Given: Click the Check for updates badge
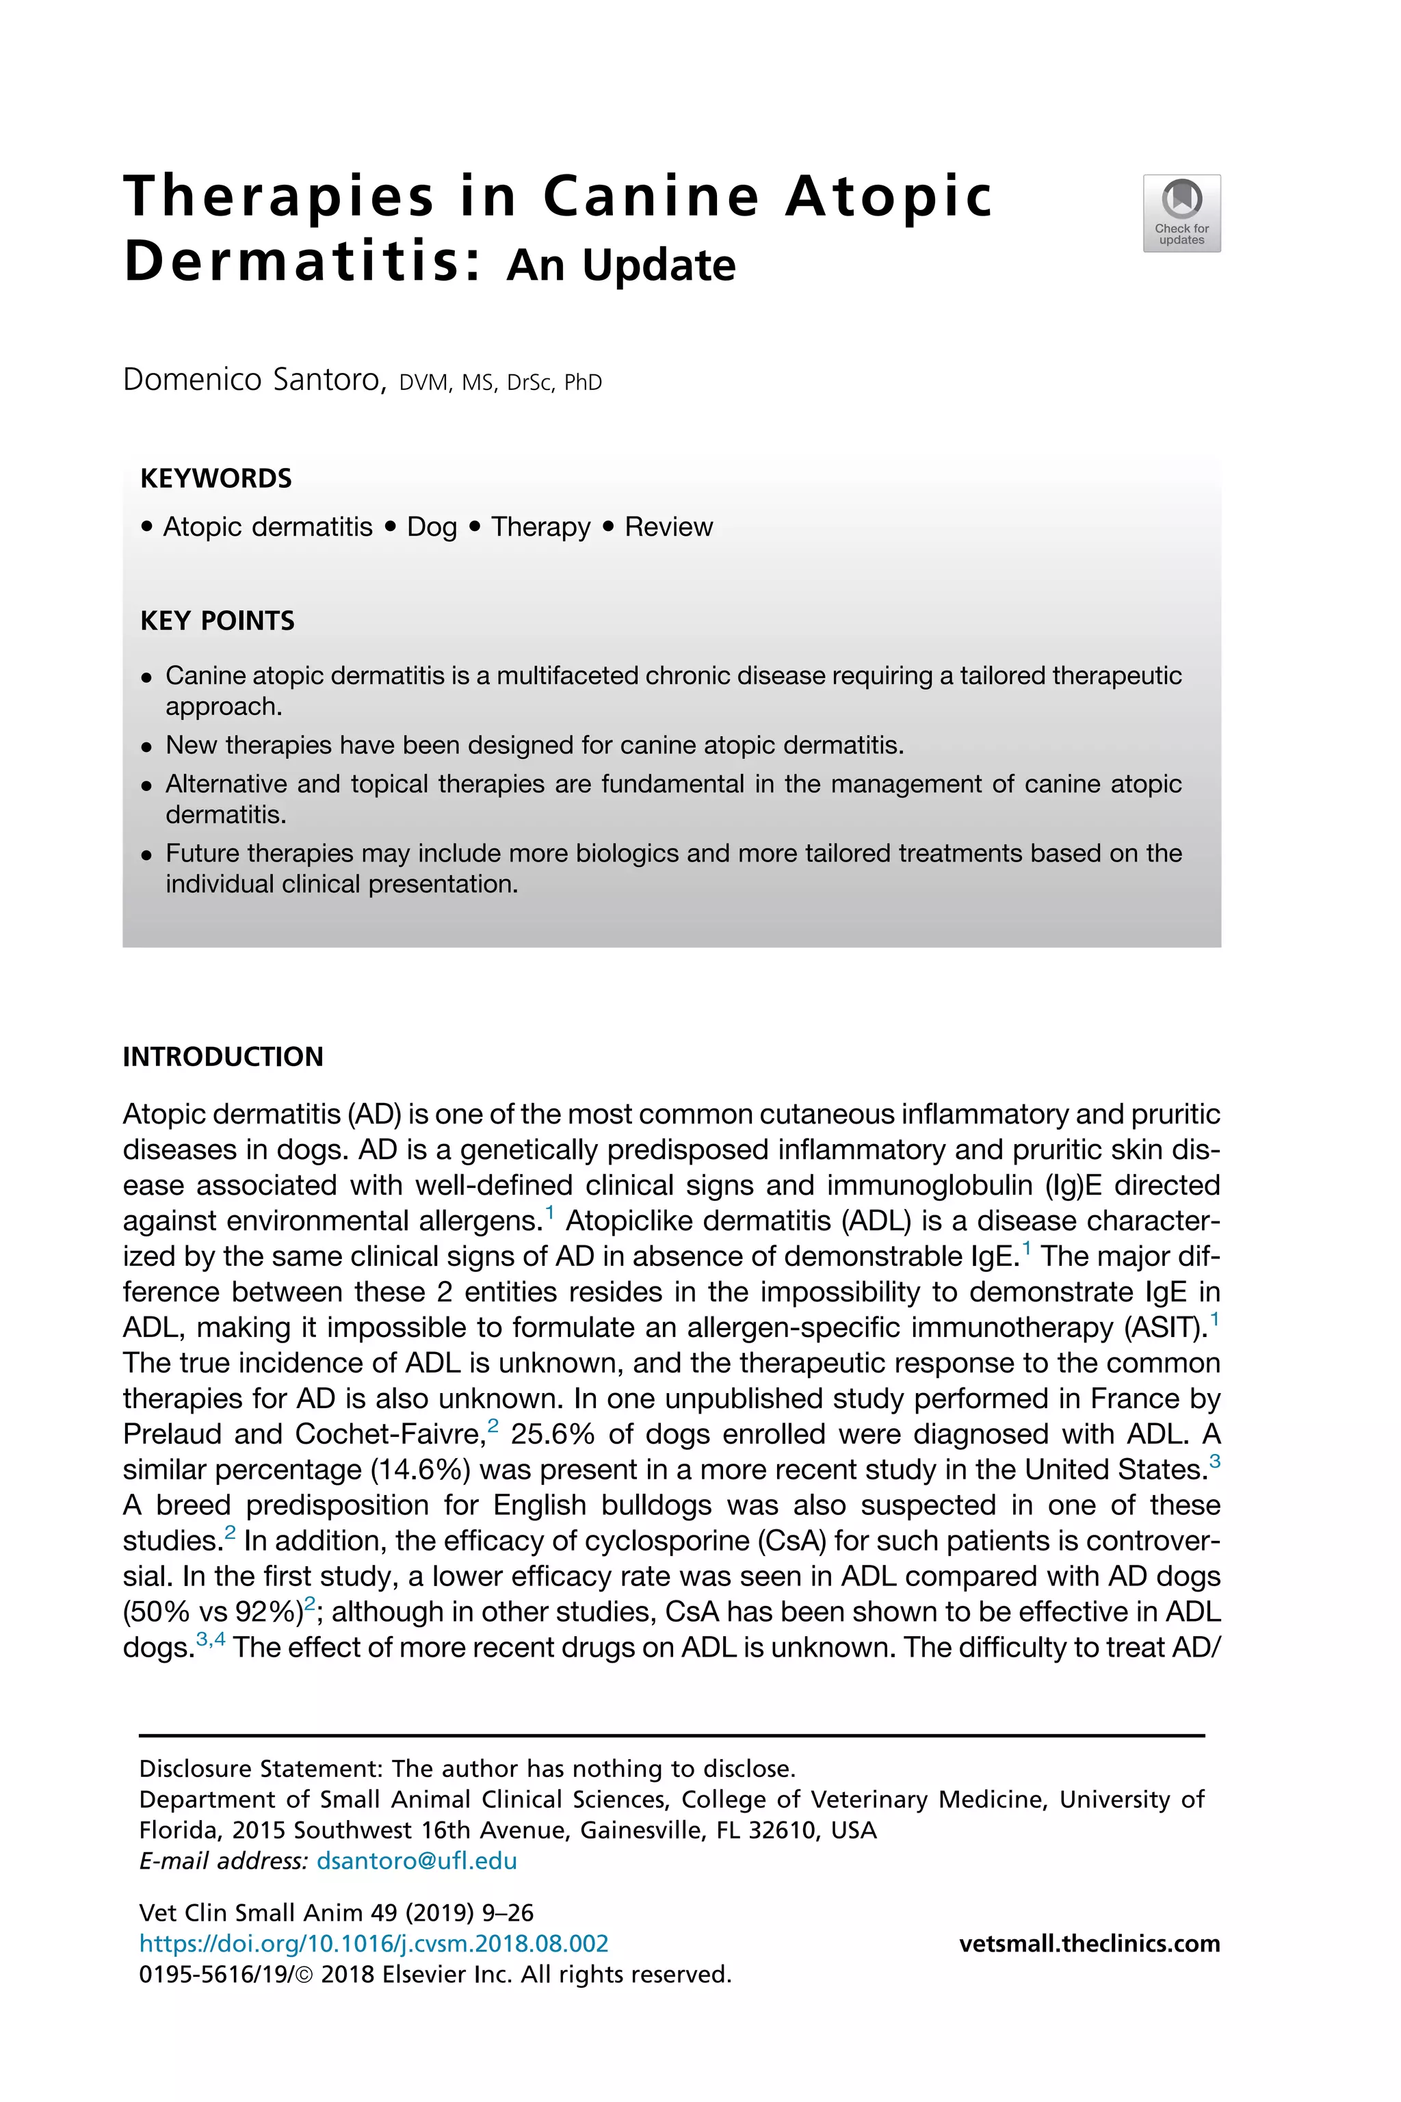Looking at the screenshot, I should click(1181, 213).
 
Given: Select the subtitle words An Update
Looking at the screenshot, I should click(621, 265).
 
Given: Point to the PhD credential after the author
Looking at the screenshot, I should click(583, 382).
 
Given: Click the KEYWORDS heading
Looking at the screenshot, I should click(216, 478).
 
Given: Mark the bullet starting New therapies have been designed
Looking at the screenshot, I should click(534, 744).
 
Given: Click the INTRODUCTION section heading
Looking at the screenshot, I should click(222, 1056).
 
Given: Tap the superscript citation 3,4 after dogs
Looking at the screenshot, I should click(211, 1639).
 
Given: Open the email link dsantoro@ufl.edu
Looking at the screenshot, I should click(417, 1860).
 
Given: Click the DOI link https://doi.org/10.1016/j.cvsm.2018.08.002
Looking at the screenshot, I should click(374, 1943).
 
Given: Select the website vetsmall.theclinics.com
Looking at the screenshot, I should click(1089, 1943).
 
